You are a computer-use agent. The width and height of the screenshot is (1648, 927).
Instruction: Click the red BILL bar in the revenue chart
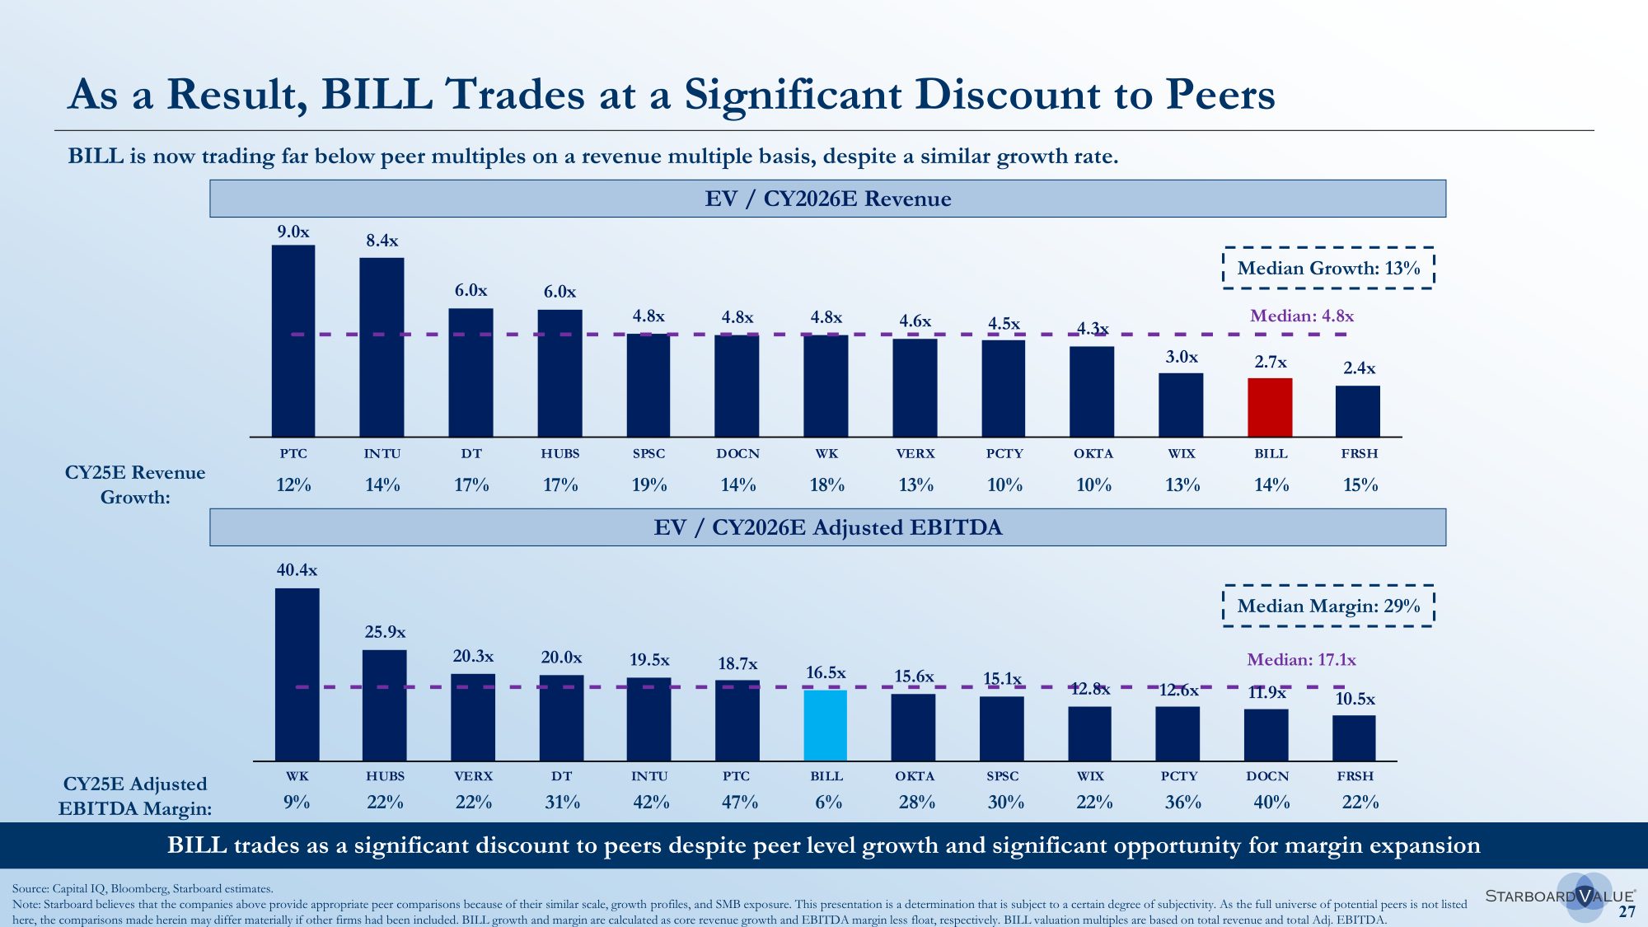(x=1270, y=407)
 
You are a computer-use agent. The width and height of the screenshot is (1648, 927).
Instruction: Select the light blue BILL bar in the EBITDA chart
(x=825, y=725)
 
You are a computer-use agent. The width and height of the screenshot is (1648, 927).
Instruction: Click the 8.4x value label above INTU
(x=382, y=241)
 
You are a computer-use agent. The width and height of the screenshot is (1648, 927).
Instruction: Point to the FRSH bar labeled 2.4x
(x=1358, y=411)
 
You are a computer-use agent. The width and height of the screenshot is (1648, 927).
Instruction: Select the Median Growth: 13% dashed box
(x=1328, y=268)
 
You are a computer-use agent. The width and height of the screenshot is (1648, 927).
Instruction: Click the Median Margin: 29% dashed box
(x=1328, y=606)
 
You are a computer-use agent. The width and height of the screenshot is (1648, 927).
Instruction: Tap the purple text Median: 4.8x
(x=1302, y=316)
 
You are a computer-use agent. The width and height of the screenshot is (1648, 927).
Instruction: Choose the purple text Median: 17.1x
(x=1301, y=659)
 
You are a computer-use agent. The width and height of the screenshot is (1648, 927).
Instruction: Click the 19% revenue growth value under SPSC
(x=649, y=485)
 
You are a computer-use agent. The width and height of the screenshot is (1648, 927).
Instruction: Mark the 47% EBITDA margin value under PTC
(x=739, y=802)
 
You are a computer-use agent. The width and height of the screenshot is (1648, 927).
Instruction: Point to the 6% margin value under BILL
(x=828, y=802)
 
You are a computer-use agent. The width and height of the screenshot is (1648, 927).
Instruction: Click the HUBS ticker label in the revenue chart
(x=560, y=454)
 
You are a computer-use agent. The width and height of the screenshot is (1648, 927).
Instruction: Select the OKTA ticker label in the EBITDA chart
(x=915, y=776)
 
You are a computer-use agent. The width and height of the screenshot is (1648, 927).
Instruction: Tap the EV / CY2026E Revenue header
(x=827, y=199)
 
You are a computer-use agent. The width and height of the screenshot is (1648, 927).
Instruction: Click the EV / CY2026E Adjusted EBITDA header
(x=827, y=527)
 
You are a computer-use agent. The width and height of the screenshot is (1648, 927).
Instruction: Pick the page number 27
(x=1627, y=911)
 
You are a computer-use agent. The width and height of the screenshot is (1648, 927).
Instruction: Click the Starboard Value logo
(x=1559, y=896)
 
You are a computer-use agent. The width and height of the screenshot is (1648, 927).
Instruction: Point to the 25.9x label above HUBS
(x=385, y=632)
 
